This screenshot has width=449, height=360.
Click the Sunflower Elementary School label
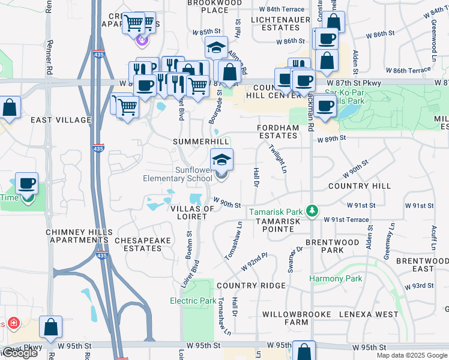pyautogui.click(x=177, y=174)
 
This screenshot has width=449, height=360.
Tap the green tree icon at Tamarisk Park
pyautogui.click(x=312, y=211)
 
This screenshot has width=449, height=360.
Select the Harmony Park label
pyautogui.click(x=336, y=278)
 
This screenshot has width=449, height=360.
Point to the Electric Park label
pyautogui.click(x=193, y=301)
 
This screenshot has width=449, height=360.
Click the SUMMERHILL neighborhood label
pyautogui.click(x=201, y=140)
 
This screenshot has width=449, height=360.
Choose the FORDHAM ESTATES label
pyautogui.click(x=277, y=131)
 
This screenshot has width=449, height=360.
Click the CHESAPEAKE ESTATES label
pyautogui.click(x=143, y=244)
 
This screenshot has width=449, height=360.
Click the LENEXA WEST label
pyautogui.click(x=369, y=314)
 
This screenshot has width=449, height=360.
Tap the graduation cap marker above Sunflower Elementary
pyautogui.click(x=221, y=160)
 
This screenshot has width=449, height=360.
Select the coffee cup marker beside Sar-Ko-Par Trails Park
pyautogui.click(x=325, y=106)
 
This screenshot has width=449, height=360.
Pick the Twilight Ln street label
pyautogui.click(x=277, y=159)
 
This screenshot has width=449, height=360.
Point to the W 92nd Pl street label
pyautogui.click(x=255, y=263)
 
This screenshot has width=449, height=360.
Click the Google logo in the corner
pyautogui.click(x=19, y=353)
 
